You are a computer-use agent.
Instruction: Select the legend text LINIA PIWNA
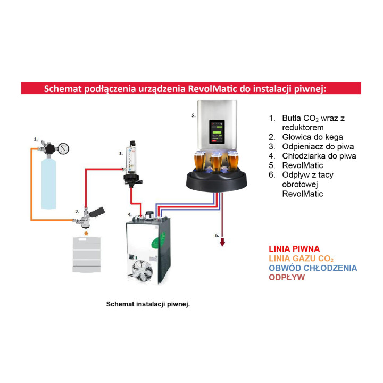pyautogui.click(x=294, y=249)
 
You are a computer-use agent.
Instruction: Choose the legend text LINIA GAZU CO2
pyautogui.click(x=302, y=259)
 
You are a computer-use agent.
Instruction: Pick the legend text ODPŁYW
pyautogui.click(x=287, y=278)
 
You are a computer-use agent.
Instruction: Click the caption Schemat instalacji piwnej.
pyautogui.click(x=148, y=305)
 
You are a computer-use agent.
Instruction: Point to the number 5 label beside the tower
pyautogui.click(x=194, y=115)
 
